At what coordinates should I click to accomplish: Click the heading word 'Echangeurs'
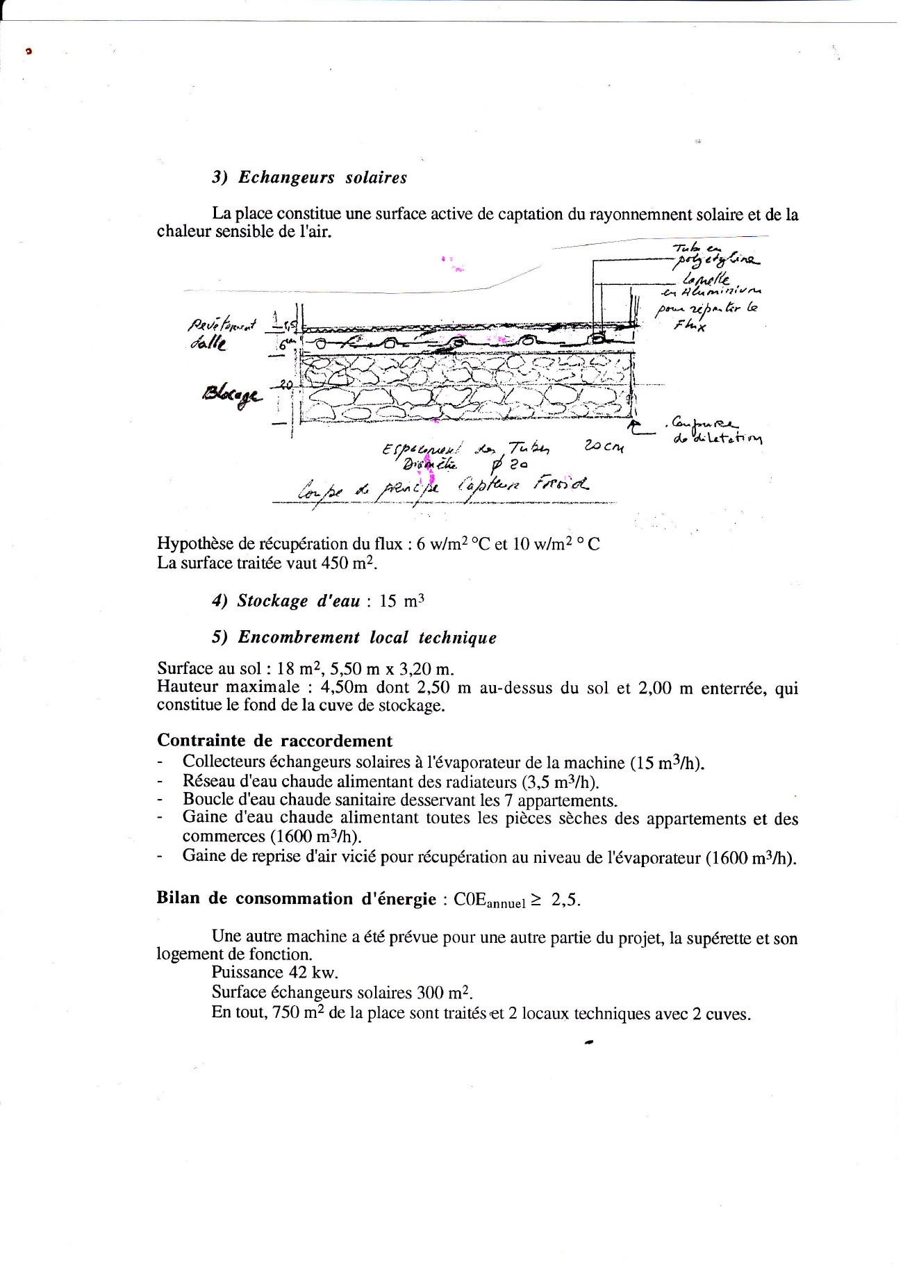tap(286, 177)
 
